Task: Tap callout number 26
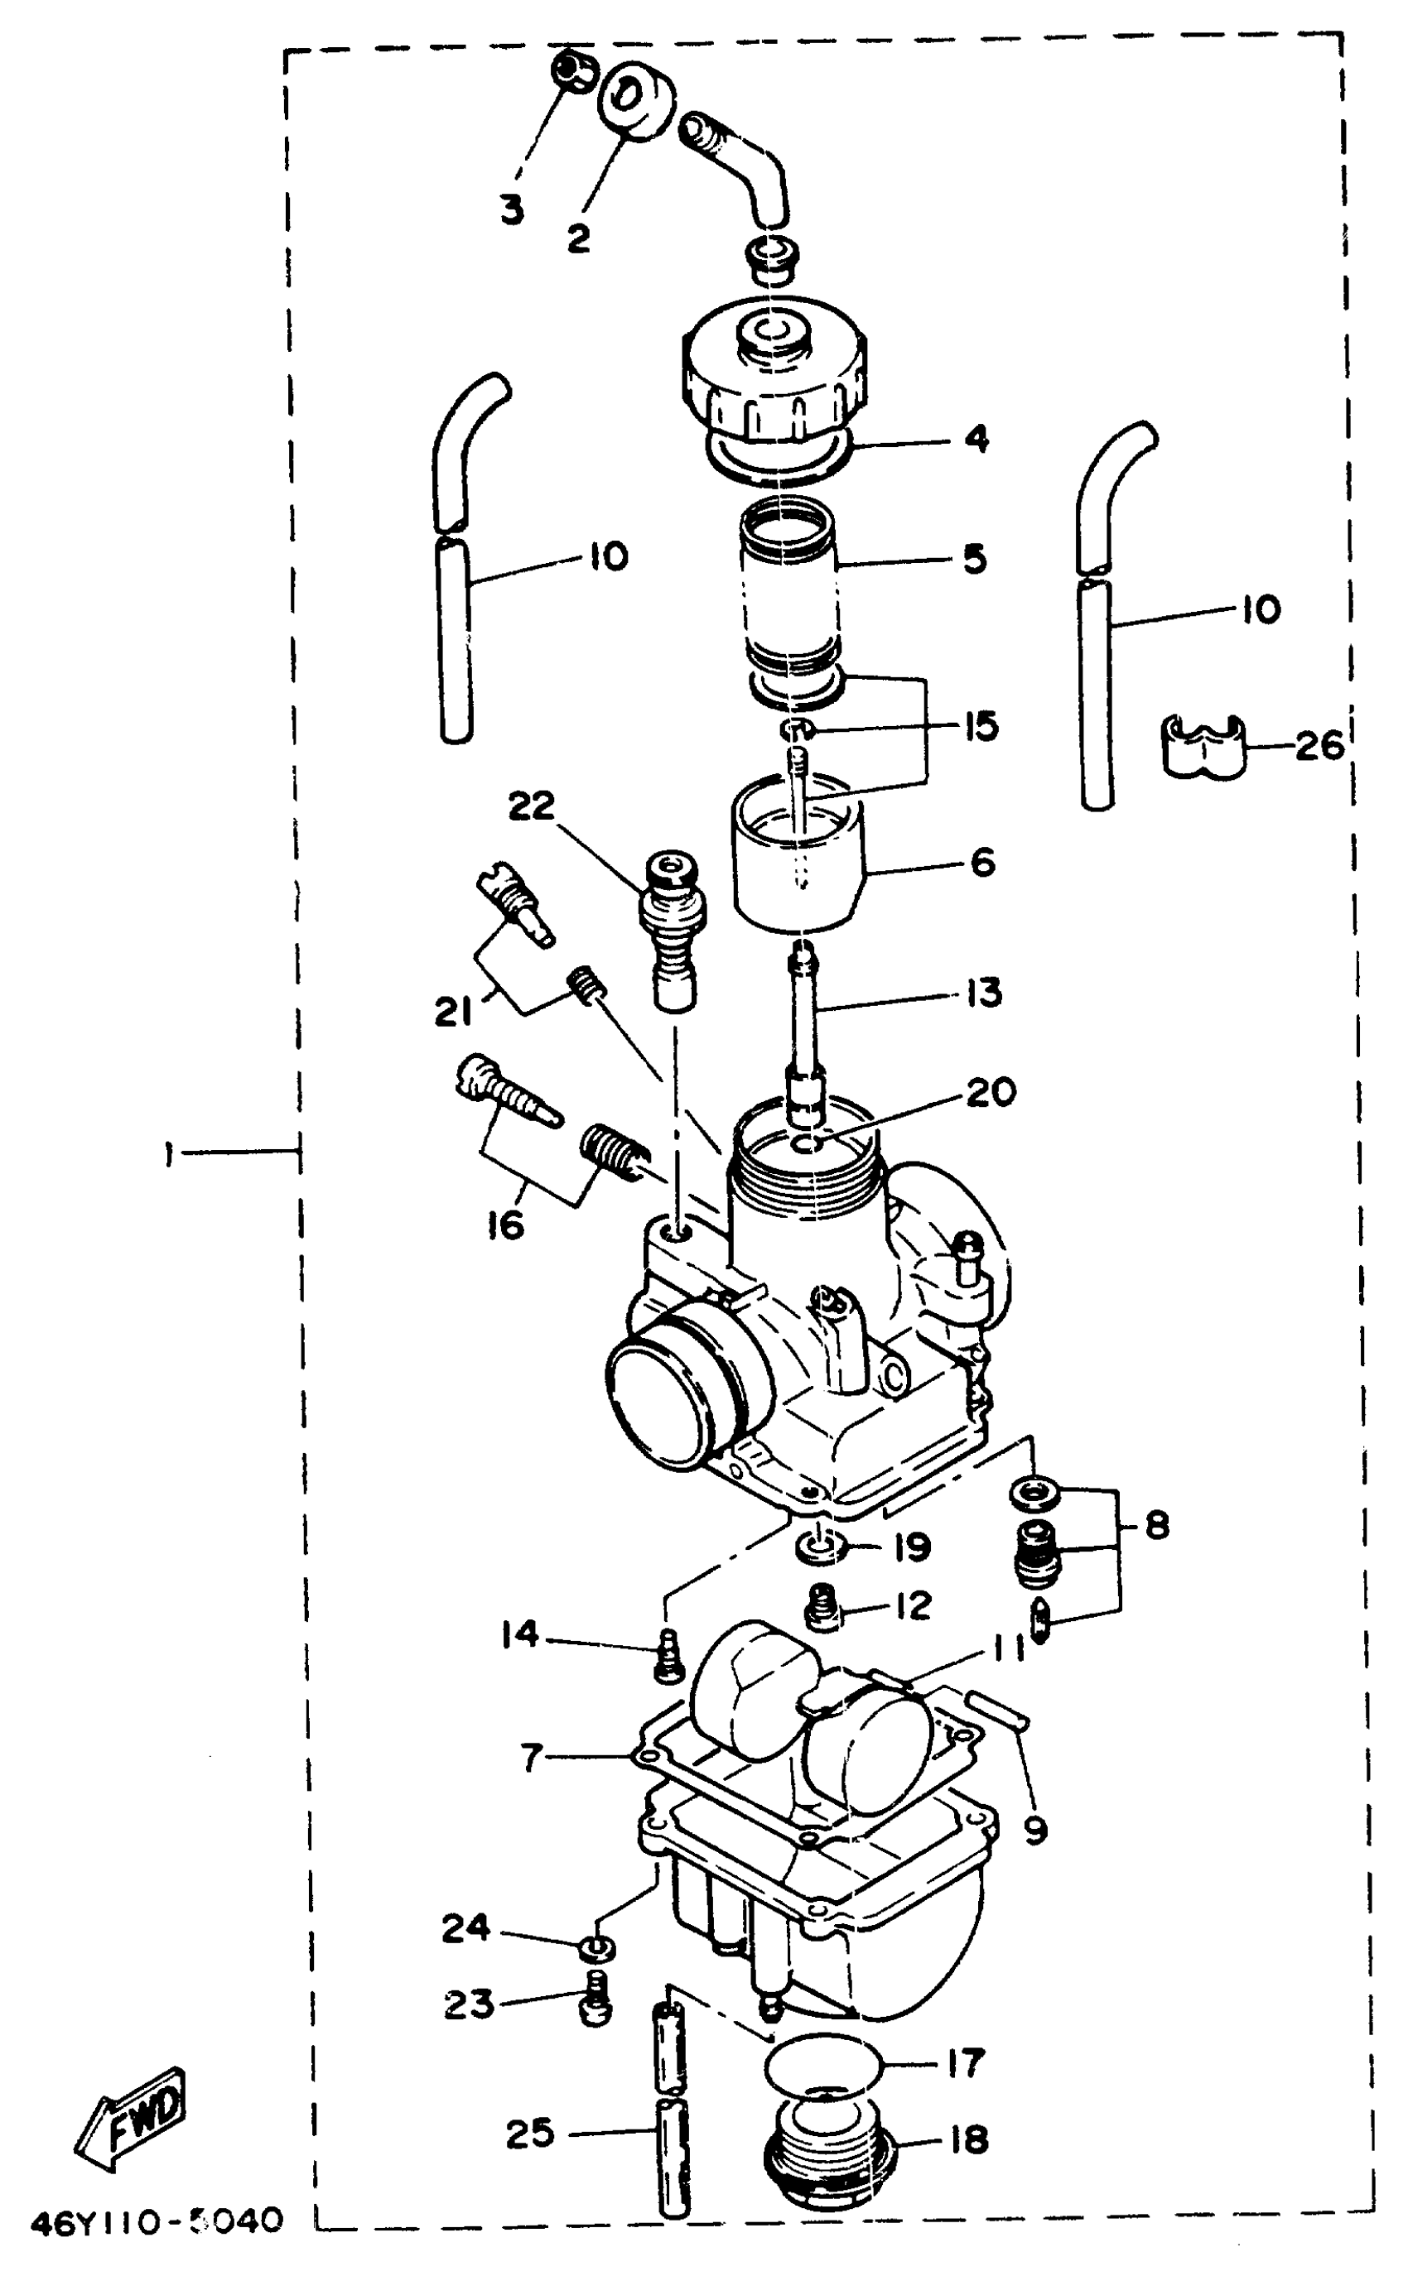click(x=1319, y=746)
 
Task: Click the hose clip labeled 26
click(x=1203, y=746)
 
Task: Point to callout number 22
click(x=531, y=806)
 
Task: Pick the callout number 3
click(x=511, y=209)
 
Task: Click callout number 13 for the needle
click(x=982, y=994)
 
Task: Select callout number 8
click(x=1155, y=1526)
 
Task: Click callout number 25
click(x=530, y=2133)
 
